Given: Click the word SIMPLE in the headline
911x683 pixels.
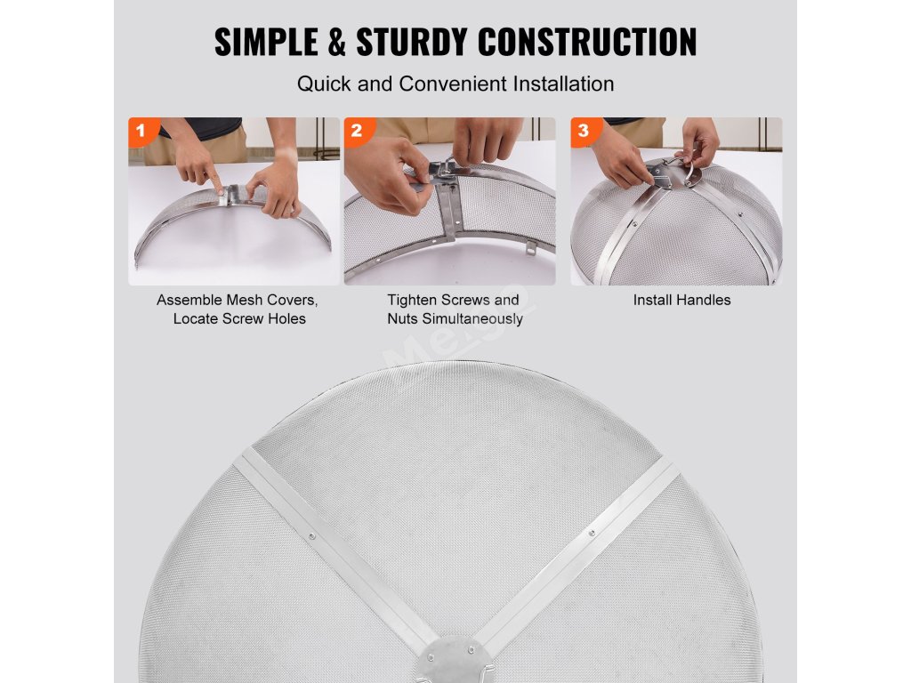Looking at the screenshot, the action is (266, 42).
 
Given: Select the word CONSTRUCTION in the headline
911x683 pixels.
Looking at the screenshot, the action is (587, 42).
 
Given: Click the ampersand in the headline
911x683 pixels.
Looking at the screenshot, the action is (337, 42).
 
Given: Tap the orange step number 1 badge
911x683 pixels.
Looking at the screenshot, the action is (141, 131).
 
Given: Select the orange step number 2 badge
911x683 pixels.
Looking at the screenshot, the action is (357, 131).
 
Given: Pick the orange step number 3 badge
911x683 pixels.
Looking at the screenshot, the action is (584, 131).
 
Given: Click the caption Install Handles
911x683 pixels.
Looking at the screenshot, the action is (682, 301).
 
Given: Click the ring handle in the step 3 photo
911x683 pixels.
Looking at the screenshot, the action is (692, 172).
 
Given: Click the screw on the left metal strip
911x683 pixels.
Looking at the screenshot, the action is (312, 536).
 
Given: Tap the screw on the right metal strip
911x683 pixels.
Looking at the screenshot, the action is (592, 533).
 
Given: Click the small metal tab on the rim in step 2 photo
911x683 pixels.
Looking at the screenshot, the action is (531, 248).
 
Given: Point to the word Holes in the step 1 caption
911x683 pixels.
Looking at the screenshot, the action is (286, 319).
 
